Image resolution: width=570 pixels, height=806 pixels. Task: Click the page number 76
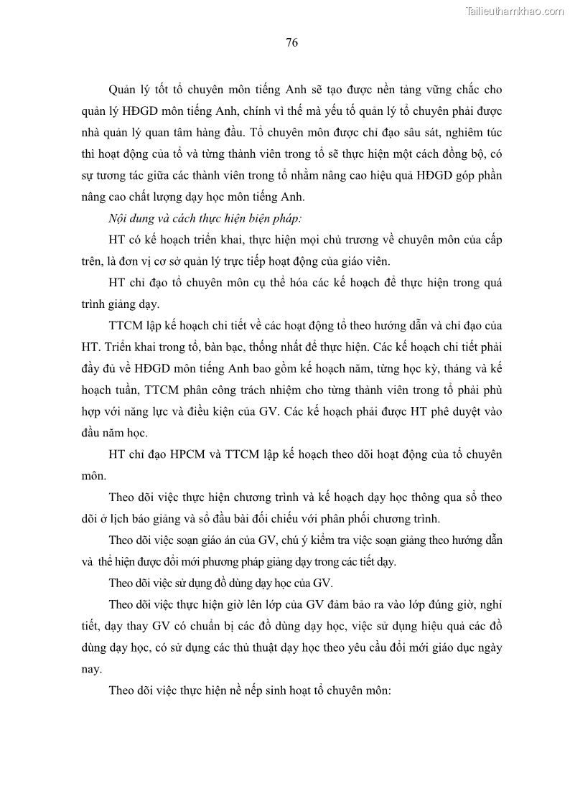tap(291, 42)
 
